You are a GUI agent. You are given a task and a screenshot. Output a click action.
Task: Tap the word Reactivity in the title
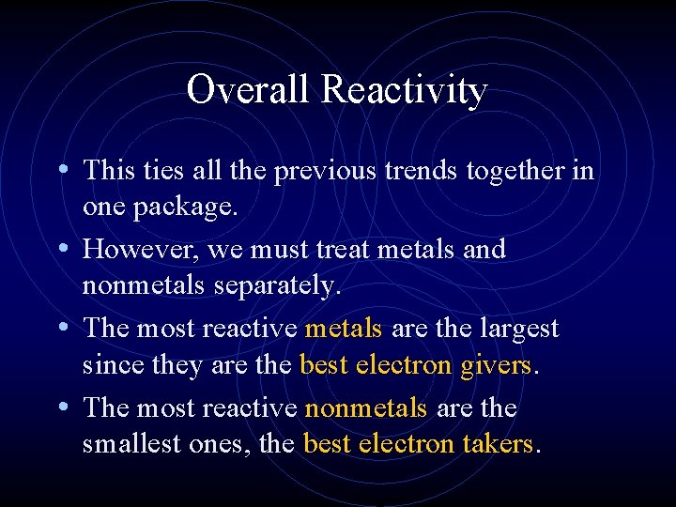click(x=404, y=90)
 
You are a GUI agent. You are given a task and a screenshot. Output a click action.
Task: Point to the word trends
click(x=408, y=171)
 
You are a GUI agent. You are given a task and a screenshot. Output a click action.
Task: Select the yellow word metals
click(x=344, y=329)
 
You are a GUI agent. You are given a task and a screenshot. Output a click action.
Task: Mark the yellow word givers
click(x=496, y=364)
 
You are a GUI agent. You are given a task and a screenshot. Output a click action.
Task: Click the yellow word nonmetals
click(x=366, y=408)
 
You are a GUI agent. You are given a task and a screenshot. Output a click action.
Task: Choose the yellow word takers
click(x=497, y=443)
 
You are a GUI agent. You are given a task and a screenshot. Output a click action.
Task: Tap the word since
click(x=108, y=364)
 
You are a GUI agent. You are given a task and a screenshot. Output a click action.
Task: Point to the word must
click(x=281, y=251)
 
